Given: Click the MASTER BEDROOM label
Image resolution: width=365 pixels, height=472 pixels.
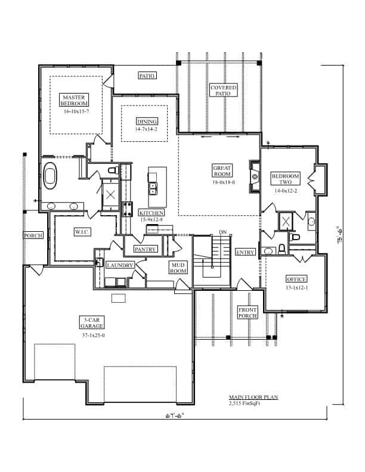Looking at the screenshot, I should tap(76, 100).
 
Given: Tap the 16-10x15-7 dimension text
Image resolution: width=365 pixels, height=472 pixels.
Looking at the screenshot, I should tap(76, 111).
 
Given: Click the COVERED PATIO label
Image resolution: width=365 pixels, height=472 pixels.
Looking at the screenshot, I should tap(224, 91).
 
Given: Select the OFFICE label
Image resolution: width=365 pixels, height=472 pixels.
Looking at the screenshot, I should tap(296, 279).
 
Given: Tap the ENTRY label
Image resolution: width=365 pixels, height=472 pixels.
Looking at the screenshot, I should tap(245, 253).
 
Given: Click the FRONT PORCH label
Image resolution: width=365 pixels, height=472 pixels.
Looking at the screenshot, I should tap(248, 312).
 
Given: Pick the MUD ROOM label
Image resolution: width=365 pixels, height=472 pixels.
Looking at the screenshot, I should tap(178, 268).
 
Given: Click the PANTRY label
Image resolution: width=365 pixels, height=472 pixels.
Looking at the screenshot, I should tap(145, 249).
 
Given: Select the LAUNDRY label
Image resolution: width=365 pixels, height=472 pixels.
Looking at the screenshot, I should tap(119, 266).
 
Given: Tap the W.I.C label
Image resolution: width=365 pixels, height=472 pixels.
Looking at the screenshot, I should tap(82, 231).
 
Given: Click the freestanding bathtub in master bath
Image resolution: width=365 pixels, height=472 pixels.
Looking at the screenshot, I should tap(51, 177).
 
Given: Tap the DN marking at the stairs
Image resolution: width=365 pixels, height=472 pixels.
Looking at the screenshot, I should tap(223, 232).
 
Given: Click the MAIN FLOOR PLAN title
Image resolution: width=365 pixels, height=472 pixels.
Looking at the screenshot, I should tap(253, 397).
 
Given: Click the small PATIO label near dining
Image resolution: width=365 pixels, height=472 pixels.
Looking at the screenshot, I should tap(147, 76).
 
